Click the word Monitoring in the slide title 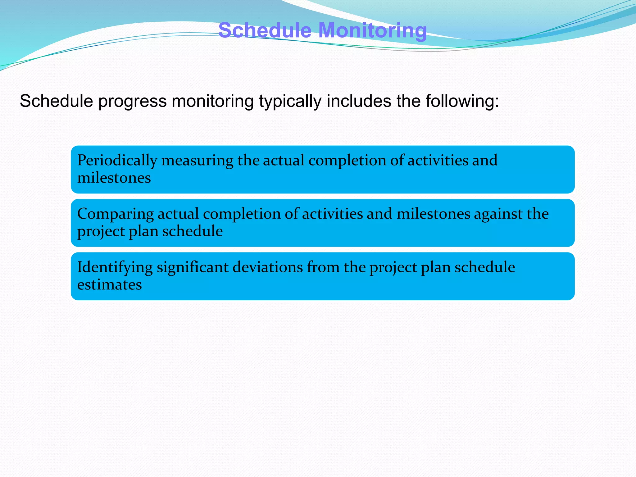pos(373,30)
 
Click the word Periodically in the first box pos(117,161)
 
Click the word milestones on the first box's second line pos(114,178)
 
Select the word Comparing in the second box pos(115,214)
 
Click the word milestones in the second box pos(433,214)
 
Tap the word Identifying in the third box pos(115,268)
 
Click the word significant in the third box pos(193,268)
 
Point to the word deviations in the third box pos(267,268)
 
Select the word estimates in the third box pos(109,285)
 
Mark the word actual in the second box pos(178,214)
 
